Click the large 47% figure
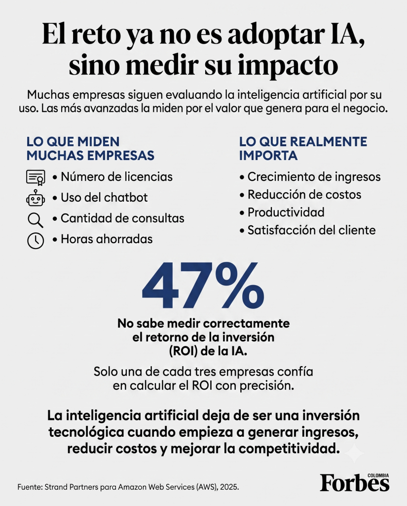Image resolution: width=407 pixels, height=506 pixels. coord(203,285)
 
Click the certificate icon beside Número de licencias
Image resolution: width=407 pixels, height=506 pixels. coord(36,177)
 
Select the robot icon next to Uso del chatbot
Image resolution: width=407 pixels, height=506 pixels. coord(36,198)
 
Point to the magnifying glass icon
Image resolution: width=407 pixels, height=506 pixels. coord(36,220)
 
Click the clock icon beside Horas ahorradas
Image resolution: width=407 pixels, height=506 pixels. coord(36,241)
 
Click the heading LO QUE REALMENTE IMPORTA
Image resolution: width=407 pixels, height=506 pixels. coord(303,148)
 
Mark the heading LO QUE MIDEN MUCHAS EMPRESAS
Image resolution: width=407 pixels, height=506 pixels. coord(90,148)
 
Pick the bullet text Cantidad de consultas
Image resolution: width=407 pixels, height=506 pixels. coord(122,218)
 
